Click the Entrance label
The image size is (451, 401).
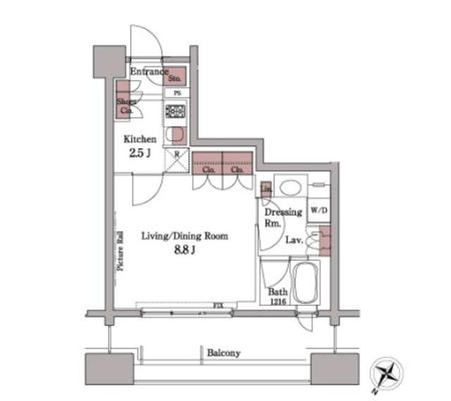149,71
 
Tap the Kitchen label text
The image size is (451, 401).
140,140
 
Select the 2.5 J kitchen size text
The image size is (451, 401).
140,154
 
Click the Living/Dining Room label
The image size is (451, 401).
184,236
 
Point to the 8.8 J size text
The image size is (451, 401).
184,250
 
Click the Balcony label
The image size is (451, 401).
224,352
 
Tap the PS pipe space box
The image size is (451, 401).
176,92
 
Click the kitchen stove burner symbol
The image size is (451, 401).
175,112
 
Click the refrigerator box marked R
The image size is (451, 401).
176,159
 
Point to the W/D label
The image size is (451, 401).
318,210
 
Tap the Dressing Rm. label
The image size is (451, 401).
282,216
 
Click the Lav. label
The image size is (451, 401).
295,240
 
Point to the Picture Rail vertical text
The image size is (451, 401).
120,252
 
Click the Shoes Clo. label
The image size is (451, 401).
126,106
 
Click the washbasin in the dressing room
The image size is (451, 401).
290,187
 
